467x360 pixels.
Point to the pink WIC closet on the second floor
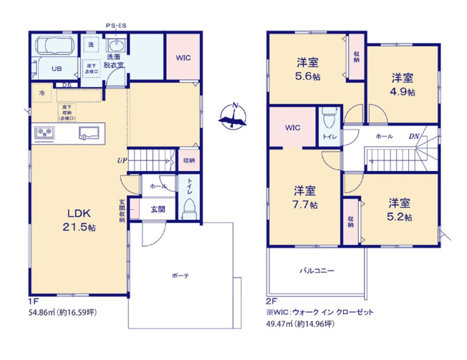[x=292, y=127]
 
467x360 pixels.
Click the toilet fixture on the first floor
[x=189, y=207]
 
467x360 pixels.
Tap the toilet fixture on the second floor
[x=329, y=116]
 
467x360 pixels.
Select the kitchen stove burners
[x=46, y=133]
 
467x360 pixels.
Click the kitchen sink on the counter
[x=90, y=132]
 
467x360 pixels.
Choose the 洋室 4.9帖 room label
[x=402, y=84]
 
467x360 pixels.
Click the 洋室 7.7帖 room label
[x=305, y=197]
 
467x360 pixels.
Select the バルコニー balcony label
[x=317, y=271]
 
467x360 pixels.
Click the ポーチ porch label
[x=180, y=276]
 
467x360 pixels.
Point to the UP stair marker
[x=122, y=160]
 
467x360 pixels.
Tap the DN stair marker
[x=414, y=137]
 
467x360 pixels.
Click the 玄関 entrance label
[x=157, y=209]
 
